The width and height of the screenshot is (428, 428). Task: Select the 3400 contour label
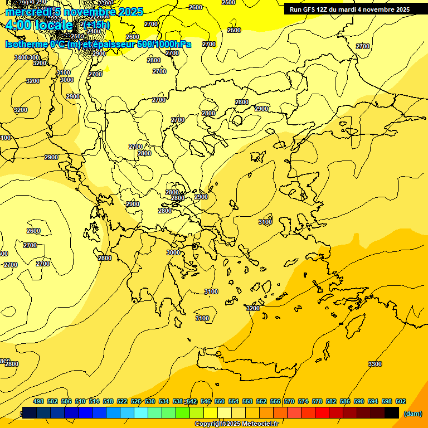click(x=21, y=57)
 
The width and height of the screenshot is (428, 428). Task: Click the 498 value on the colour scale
click(x=38, y=401)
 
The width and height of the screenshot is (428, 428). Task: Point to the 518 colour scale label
click(x=108, y=401)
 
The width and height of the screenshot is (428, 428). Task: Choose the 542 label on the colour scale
click(x=191, y=401)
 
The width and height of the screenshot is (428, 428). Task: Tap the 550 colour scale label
click(x=219, y=401)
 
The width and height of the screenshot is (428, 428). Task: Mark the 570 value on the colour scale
click(x=289, y=401)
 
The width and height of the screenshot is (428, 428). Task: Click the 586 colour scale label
click(x=344, y=401)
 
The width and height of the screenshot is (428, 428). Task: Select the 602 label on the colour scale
click(x=400, y=401)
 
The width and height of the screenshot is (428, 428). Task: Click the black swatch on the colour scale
click(x=392, y=412)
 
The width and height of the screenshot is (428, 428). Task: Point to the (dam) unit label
click(x=412, y=414)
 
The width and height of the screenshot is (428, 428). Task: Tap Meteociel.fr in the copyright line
click(x=258, y=424)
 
